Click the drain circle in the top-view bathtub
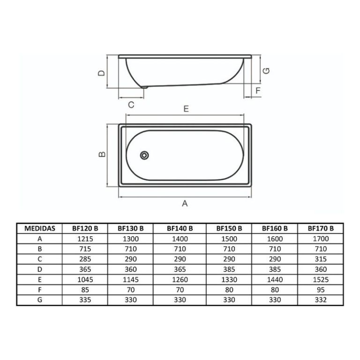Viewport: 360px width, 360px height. [145, 155]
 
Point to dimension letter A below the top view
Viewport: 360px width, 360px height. [185, 203]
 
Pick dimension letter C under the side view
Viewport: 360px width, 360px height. [131, 105]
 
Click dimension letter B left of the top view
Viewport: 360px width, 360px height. [100, 155]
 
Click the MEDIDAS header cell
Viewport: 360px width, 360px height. [39, 228]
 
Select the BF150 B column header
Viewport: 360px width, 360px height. [229, 228]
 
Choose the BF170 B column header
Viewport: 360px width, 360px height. [321, 228]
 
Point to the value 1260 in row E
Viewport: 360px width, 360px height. [180, 279]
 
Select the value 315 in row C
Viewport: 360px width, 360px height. [321, 259]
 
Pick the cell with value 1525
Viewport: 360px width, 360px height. [321, 279]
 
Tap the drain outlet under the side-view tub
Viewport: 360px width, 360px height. [144, 87]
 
